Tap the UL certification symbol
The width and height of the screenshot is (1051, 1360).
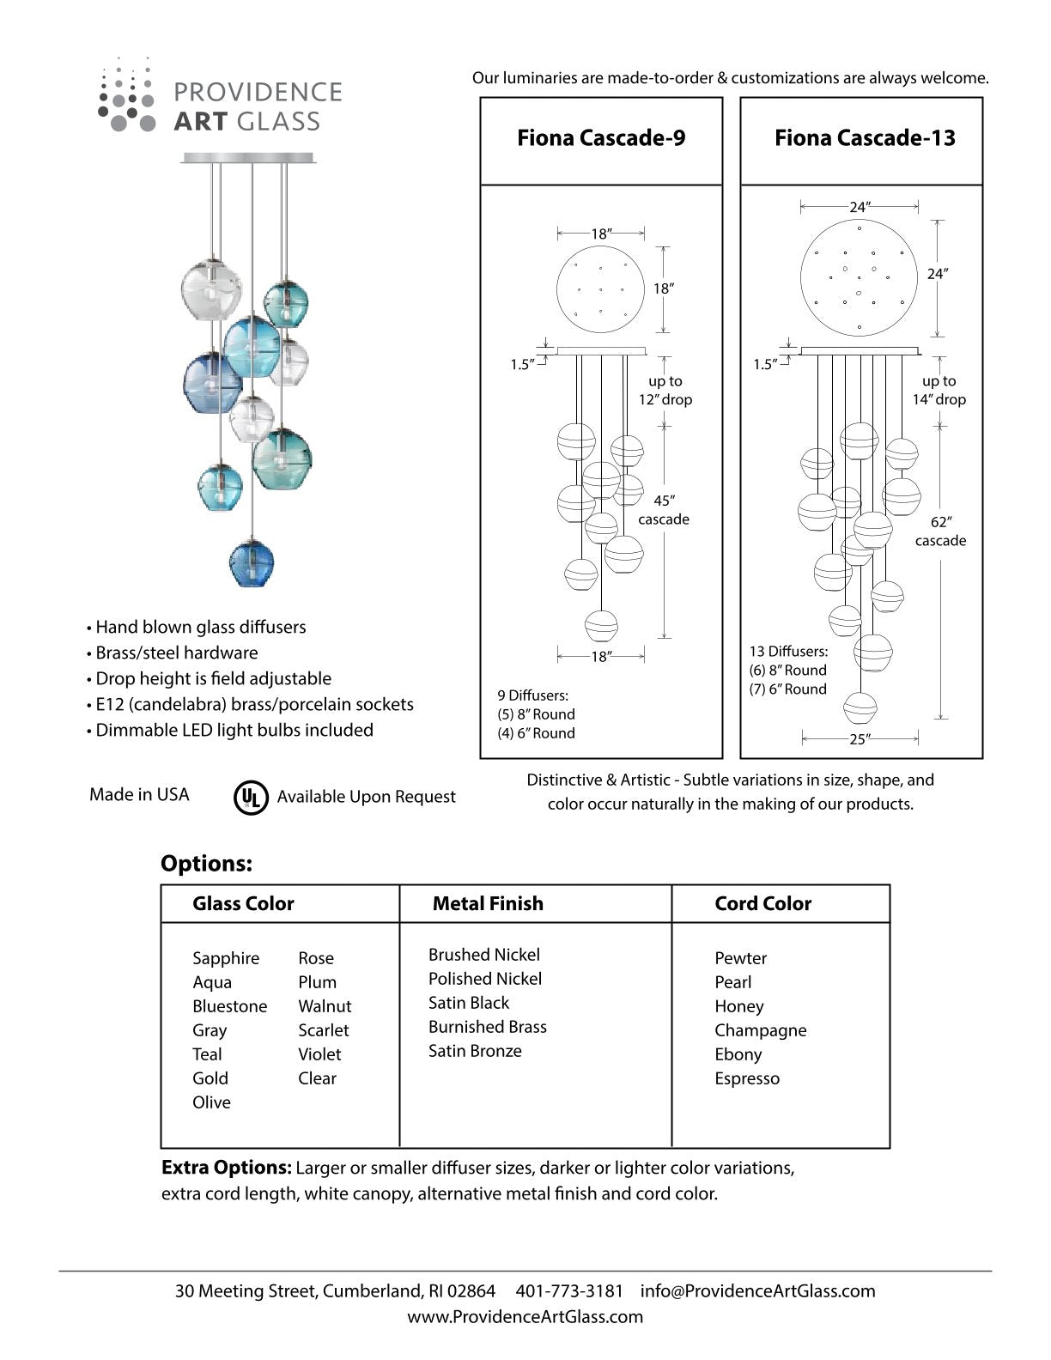251,797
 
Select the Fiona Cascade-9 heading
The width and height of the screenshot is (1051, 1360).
601,138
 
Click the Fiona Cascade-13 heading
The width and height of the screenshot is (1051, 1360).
865,138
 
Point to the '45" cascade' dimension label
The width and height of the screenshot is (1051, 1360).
664,510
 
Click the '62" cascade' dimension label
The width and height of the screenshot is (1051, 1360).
940,531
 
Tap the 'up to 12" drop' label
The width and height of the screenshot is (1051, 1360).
665,390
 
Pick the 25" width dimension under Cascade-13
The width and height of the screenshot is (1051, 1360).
860,739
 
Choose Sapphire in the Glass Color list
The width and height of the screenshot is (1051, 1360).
226,958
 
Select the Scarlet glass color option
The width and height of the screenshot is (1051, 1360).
324,1030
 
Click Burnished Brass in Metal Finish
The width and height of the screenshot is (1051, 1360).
488,1027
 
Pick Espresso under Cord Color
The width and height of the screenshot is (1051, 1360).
747,1078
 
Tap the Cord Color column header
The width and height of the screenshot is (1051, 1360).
762,903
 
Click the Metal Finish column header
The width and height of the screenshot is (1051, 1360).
488,903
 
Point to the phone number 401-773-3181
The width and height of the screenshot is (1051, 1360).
569,1290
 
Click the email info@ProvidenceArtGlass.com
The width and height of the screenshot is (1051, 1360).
758,1290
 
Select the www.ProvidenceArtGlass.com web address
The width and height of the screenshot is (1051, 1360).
525,1316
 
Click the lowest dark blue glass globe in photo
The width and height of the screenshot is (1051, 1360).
252,562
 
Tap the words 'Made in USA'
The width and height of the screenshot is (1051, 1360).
139,795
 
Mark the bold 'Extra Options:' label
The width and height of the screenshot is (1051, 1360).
227,1169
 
